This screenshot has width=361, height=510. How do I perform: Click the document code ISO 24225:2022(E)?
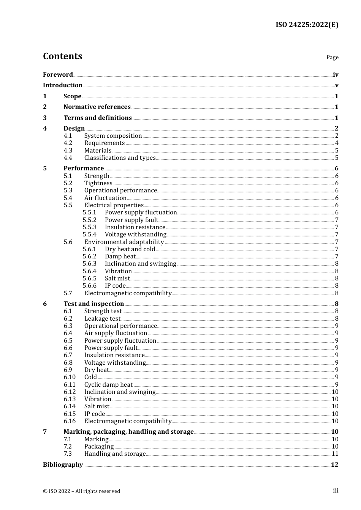[307, 25]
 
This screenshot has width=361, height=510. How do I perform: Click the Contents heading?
[62, 56]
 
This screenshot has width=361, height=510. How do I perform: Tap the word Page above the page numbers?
[332, 57]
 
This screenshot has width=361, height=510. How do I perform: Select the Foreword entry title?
[58, 75]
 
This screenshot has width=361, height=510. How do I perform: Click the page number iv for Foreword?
[336, 75]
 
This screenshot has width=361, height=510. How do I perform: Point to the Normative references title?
[97, 107]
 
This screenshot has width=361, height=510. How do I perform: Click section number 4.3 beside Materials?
[68, 151]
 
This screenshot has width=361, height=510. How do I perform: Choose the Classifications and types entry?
[120, 158]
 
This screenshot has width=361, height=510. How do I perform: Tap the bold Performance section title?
[84, 168]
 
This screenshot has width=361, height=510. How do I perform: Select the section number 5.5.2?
[90, 220]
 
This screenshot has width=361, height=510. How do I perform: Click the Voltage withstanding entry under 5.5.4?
[135, 235]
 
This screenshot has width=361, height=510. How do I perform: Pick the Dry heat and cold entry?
[130, 249]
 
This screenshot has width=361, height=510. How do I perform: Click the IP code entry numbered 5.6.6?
[115, 286]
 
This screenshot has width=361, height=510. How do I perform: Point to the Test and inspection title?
[93, 304]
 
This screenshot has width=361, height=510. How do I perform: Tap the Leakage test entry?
[102, 319]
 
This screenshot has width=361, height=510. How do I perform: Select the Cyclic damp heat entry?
[108, 385]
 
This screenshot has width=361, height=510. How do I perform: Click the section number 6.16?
[70, 421]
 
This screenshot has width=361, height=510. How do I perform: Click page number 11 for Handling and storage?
[335, 454]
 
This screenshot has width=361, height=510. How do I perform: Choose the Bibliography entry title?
[63, 465]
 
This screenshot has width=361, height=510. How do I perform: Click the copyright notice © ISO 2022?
[81, 491]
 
